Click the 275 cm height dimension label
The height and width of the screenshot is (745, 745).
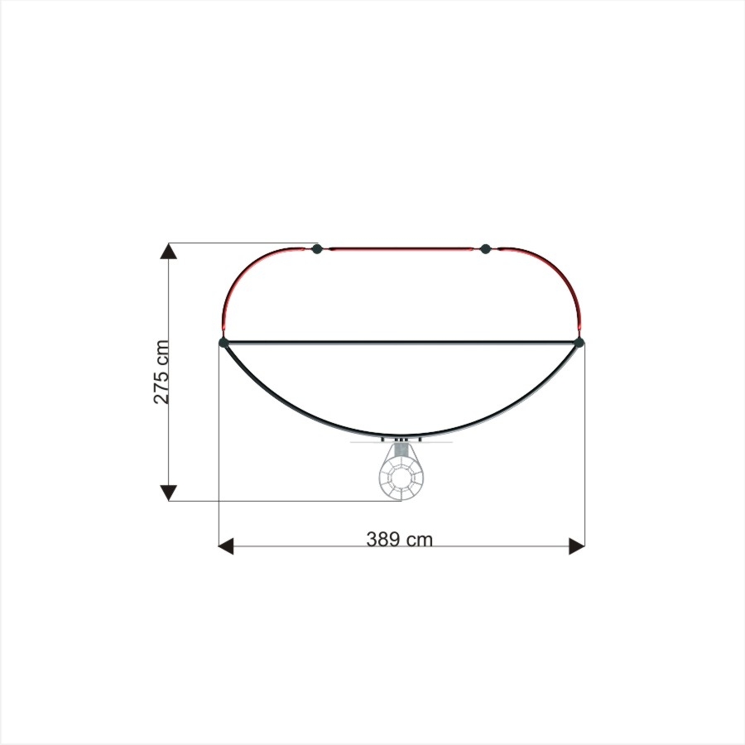(x=161, y=372)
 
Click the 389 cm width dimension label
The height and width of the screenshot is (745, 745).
(x=400, y=540)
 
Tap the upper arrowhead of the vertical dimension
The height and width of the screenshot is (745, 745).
(x=168, y=250)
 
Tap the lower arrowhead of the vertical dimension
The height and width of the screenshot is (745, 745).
(x=168, y=493)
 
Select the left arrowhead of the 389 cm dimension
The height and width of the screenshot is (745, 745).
(x=226, y=546)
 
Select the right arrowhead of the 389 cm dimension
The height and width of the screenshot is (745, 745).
(x=577, y=546)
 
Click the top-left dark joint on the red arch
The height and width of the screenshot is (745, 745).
(x=317, y=248)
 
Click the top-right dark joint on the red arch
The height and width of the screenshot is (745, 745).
(x=485, y=248)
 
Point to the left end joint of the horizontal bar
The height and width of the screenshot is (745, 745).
(x=223, y=342)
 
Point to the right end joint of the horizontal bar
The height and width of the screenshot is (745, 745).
(x=579, y=342)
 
